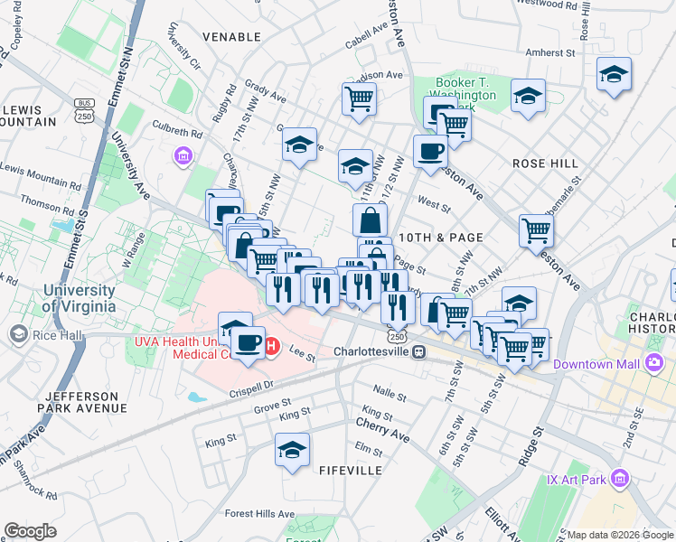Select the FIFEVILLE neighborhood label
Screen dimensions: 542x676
pos(350,471)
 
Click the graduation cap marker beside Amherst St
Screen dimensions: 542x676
pos(614,75)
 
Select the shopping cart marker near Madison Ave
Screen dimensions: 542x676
pos(359,98)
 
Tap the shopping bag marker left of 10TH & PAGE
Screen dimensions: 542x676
pos(370,220)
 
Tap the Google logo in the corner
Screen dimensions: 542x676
pos(30,531)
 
